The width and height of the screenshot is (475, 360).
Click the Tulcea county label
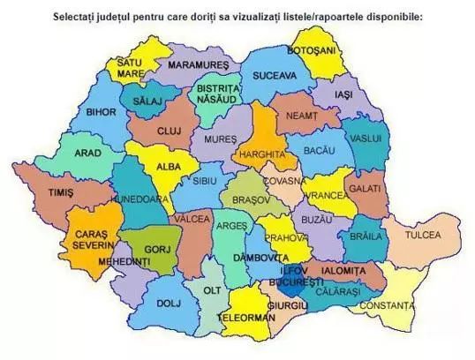[x=423, y=236]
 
